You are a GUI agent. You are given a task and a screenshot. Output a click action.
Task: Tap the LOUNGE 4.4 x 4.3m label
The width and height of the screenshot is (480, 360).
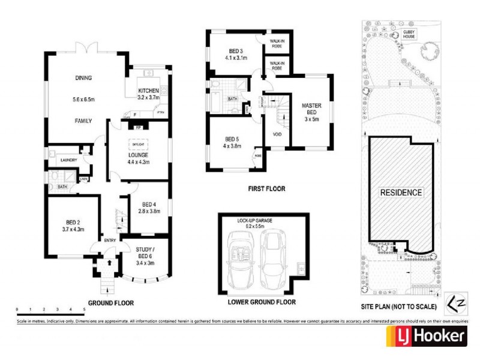click(x=138, y=158)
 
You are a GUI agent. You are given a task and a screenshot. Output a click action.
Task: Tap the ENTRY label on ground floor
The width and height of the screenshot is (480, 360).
click(x=110, y=241)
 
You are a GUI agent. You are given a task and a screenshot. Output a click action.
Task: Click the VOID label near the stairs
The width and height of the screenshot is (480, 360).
click(x=277, y=134)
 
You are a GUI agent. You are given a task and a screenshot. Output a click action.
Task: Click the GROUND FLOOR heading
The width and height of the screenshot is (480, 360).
click(x=111, y=303)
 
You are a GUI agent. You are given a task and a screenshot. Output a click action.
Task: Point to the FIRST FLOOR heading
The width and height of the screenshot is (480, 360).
click(x=266, y=188)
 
